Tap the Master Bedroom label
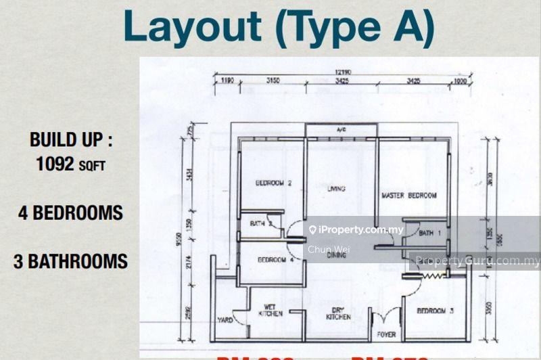pyautogui.click(x=409, y=196)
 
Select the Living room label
pyautogui.click(x=331, y=189)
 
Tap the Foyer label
pyautogui.click(x=386, y=334)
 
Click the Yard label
pyautogui.click(x=225, y=320)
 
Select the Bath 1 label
pyautogui.click(x=430, y=233)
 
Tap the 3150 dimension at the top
pyautogui.click(x=273, y=81)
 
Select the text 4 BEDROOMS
pyautogui.click(x=70, y=212)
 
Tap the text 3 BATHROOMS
pyautogui.click(x=70, y=261)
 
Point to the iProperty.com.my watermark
pyautogui.click(x=356, y=230)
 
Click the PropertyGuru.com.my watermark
pyautogui.click(x=477, y=261)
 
